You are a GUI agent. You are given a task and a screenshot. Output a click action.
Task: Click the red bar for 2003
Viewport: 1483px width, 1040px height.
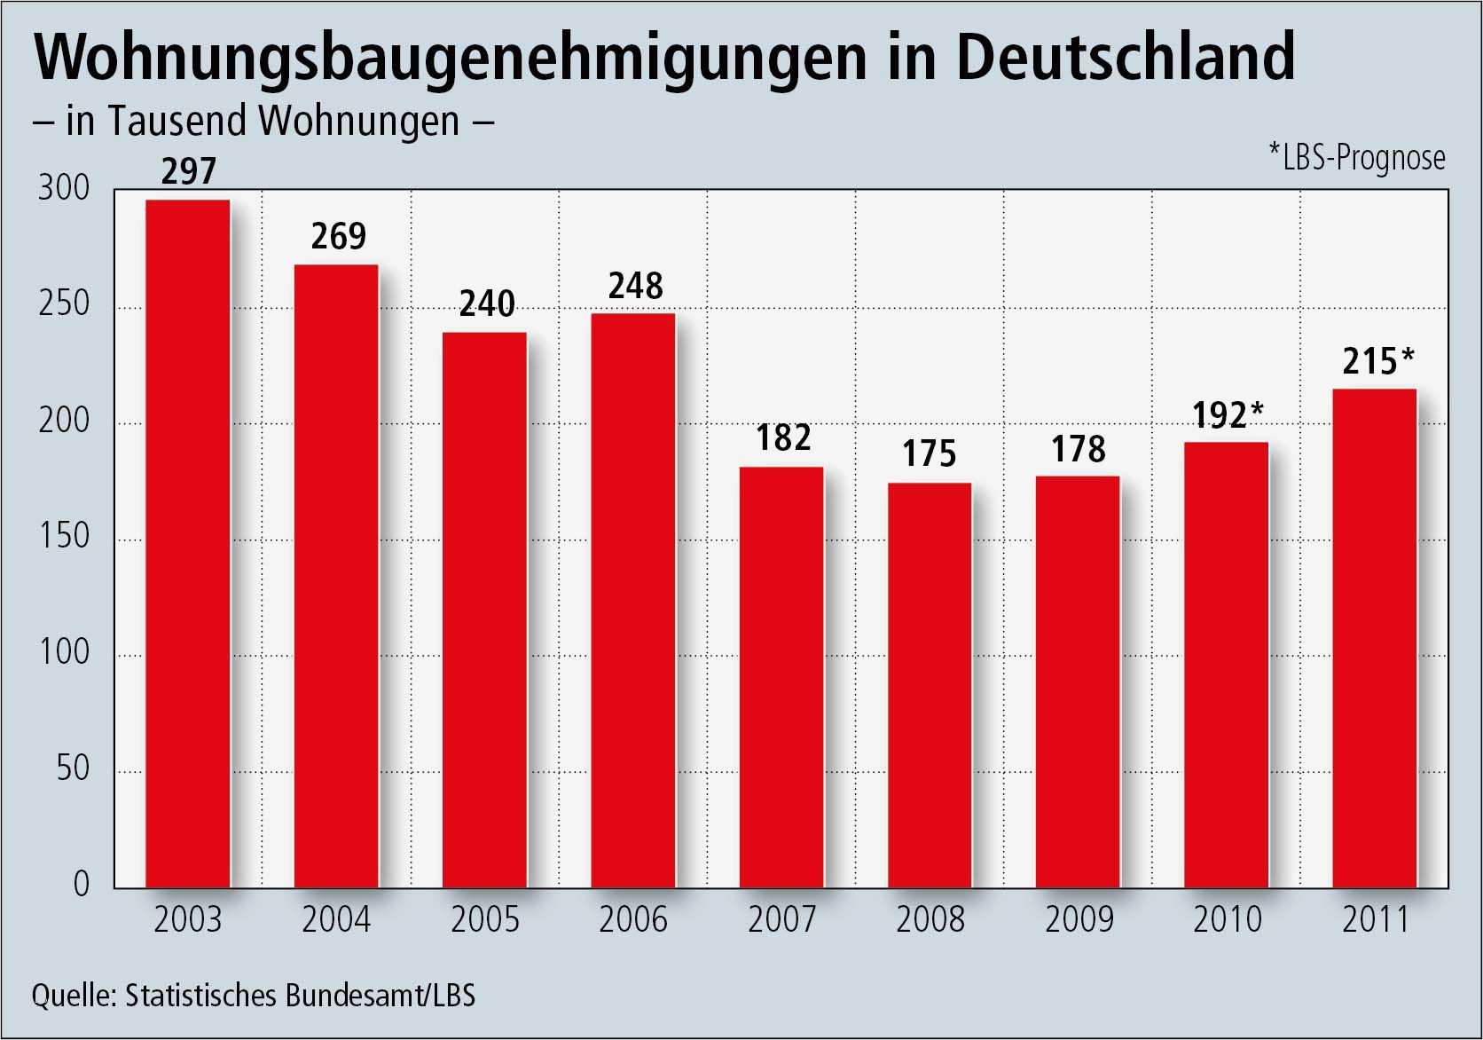pyautogui.click(x=188, y=543)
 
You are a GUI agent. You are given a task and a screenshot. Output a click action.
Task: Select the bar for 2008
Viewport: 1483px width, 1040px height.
pyautogui.click(x=930, y=685)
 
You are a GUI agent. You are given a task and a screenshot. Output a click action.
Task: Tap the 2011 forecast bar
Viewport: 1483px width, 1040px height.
pyautogui.click(x=1375, y=638)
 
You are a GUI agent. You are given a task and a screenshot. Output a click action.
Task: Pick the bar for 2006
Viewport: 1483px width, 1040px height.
pyautogui.click(x=633, y=600)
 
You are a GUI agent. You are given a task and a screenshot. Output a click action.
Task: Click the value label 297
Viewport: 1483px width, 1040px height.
pyautogui.click(x=189, y=171)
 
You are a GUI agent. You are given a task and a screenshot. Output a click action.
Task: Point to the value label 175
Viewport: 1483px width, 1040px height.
pyautogui.click(x=930, y=453)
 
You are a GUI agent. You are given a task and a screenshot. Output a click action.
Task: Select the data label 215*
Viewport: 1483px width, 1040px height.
pyautogui.click(x=1378, y=361)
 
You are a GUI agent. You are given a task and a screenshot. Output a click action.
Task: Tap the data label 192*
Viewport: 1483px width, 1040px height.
pyautogui.click(x=1228, y=414)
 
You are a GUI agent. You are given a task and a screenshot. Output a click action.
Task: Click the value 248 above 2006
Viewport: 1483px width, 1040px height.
pyautogui.click(x=636, y=286)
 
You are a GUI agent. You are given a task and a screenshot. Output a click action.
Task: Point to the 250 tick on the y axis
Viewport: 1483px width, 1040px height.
pyautogui.click(x=64, y=304)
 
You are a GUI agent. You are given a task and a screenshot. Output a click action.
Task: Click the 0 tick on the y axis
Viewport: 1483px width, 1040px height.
pyautogui.click(x=82, y=884)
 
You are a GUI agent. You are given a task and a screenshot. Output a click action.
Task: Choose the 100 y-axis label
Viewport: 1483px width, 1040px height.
pyautogui.click(x=64, y=652)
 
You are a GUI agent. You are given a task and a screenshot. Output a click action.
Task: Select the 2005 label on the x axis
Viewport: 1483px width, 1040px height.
pyautogui.click(x=485, y=919)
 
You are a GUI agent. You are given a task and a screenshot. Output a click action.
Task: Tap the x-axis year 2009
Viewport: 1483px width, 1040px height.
pyautogui.click(x=1079, y=919)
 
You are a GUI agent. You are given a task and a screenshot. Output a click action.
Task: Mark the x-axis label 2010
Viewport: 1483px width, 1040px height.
pyautogui.click(x=1228, y=919)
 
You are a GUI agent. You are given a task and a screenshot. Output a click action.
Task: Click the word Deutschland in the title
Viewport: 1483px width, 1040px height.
pyautogui.click(x=1125, y=57)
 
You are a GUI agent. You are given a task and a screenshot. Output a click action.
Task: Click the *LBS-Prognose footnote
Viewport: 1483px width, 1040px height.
pyautogui.click(x=1357, y=158)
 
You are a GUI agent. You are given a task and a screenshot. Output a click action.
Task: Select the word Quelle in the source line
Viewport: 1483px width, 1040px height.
pyautogui.click(x=74, y=996)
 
